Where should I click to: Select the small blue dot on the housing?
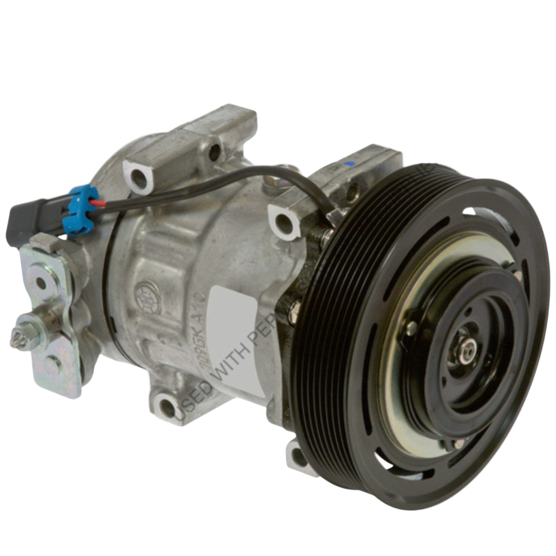click(349, 165)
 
